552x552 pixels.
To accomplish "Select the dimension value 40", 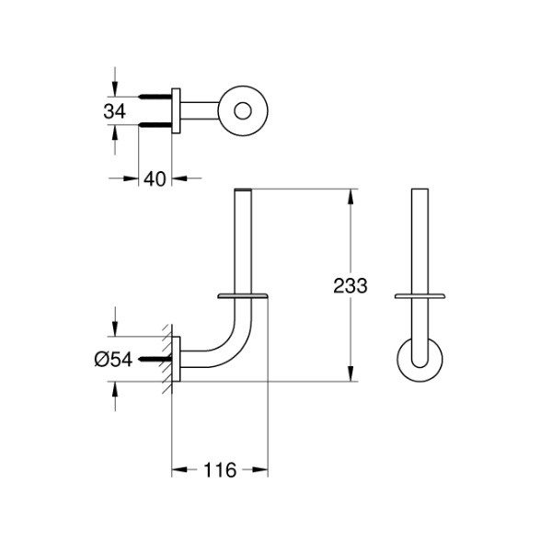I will coord(155,178).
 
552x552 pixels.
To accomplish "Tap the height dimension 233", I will coord(350,285).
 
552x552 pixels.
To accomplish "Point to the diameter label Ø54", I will coord(115,360).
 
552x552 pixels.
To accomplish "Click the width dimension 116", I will coord(219,470).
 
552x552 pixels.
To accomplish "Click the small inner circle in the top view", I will coord(243,111).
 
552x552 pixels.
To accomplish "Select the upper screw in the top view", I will coord(157,96).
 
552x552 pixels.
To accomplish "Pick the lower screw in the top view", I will coord(157,126).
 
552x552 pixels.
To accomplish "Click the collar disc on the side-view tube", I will coord(244,295).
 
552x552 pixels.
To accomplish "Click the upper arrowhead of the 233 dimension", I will coord(350,196).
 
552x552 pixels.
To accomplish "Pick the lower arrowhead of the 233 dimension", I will coord(350,375).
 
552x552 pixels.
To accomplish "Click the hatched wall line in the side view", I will coord(168,360).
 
